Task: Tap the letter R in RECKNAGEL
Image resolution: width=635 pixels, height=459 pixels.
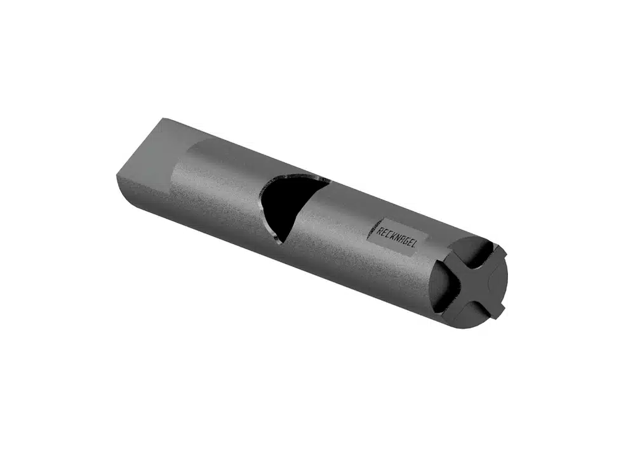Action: click(380, 231)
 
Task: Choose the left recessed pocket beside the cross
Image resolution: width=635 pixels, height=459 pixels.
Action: click(444, 285)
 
